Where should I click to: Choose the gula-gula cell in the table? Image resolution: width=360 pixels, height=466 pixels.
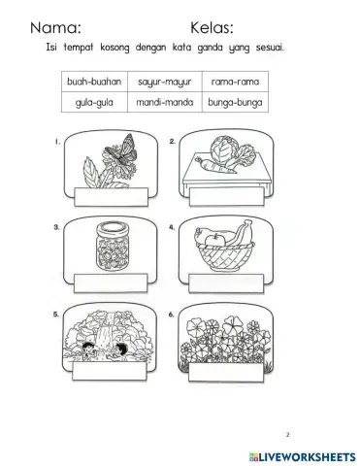click(97, 101)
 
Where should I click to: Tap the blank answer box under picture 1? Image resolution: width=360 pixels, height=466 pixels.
click(109, 199)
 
